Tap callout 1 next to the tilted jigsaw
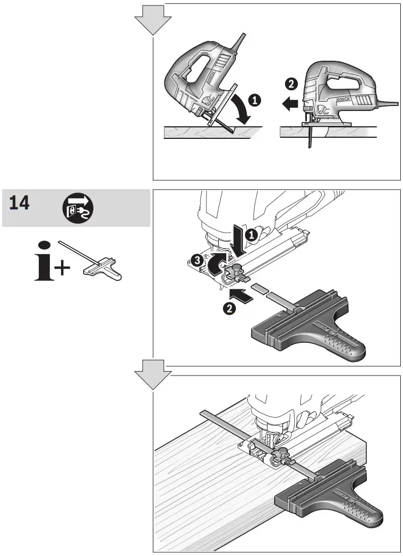254,100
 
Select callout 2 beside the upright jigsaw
291,84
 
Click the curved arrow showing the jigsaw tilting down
240,108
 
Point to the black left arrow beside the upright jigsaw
289,102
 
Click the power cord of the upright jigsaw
388,102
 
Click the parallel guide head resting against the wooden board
328,495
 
